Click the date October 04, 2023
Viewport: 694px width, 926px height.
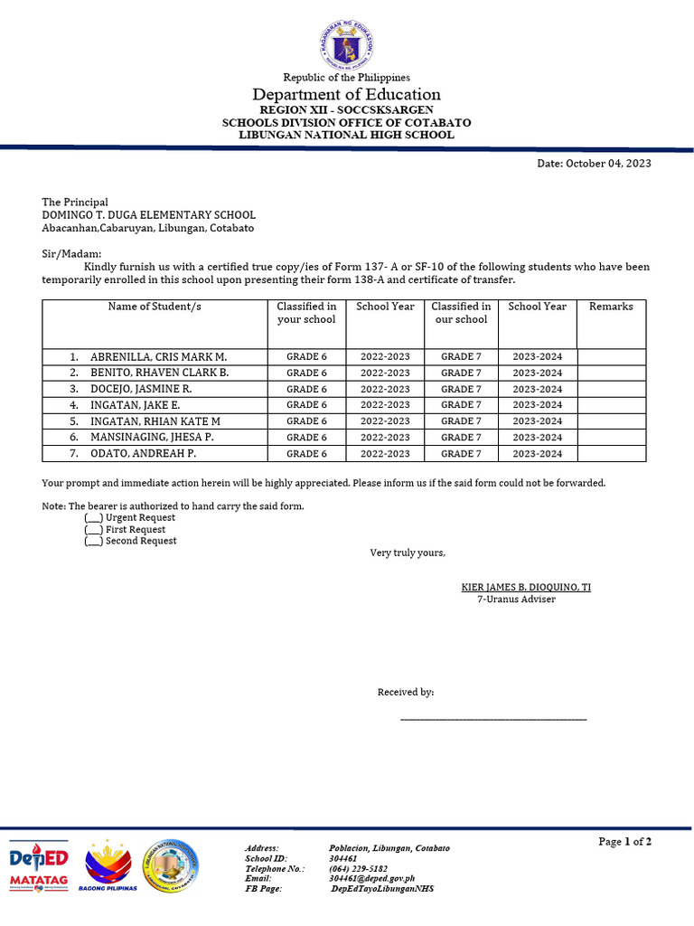click(594, 164)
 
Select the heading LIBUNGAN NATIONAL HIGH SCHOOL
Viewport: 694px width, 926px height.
click(346, 135)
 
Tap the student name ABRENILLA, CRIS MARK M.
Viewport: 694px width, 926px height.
click(158, 356)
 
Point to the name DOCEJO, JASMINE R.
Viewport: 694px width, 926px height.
click(141, 389)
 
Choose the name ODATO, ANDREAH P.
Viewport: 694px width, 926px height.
click(143, 454)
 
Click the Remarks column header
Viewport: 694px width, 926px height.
click(611, 307)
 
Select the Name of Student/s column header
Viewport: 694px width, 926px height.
click(155, 307)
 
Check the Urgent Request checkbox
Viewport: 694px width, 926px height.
click(93, 518)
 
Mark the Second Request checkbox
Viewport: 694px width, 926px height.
click(93, 542)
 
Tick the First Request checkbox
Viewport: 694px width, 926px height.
click(93, 530)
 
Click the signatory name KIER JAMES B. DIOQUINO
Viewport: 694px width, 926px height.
click(526, 588)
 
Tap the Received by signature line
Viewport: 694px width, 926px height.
click(492, 719)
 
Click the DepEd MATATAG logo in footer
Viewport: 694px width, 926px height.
click(39, 866)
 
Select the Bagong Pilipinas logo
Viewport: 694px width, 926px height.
click(108, 866)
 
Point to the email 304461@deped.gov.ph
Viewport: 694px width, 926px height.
click(371, 878)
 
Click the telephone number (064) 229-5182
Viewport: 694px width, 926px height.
click(360, 868)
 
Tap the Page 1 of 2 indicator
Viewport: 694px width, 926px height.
click(624, 842)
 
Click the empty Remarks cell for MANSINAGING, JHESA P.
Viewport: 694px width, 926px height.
click(611, 438)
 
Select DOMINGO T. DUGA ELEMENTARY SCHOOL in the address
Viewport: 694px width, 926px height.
click(148, 215)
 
